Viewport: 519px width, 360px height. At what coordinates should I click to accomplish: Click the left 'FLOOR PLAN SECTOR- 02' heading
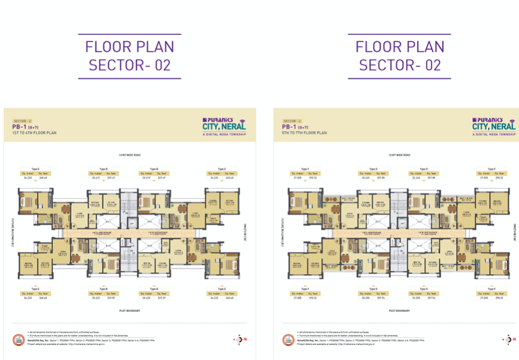pyautogui.click(x=130, y=56)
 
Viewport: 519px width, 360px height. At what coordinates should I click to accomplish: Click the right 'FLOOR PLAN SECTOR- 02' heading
pyautogui.click(x=399, y=56)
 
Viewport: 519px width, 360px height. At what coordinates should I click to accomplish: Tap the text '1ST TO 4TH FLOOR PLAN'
pyautogui.click(x=35, y=133)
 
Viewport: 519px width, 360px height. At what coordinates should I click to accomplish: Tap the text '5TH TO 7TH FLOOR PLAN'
pyautogui.click(x=305, y=133)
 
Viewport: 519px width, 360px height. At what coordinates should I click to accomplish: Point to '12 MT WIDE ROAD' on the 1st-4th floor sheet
pyautogui.click(x=130, y=155)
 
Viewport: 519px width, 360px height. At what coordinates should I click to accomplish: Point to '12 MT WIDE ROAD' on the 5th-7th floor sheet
pyautogui.click(x=399, y=155)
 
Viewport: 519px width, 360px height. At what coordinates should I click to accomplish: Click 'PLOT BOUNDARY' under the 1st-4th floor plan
pyautogui.click(x=130, y=310)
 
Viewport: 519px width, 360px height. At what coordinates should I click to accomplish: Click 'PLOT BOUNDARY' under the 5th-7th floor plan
pyautogui.click(x=399, y=310)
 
